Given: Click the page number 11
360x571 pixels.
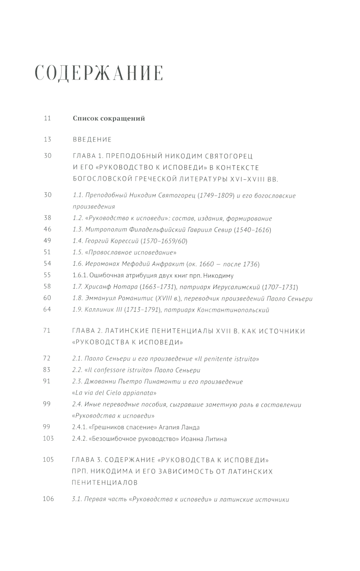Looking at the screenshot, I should point(47,118).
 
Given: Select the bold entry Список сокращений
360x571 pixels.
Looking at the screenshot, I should point(109,118).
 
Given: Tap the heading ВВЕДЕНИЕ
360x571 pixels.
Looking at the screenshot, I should point(92,140).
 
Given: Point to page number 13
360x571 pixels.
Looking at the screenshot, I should point(48,139).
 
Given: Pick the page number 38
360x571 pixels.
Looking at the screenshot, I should point(48,218).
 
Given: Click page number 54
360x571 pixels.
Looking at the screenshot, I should point(48,264).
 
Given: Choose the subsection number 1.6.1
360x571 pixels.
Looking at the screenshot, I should point(81,276).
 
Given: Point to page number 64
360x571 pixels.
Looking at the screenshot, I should point(48,310).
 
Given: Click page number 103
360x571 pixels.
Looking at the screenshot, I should point(48,439).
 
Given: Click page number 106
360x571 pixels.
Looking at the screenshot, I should point(48,499).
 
